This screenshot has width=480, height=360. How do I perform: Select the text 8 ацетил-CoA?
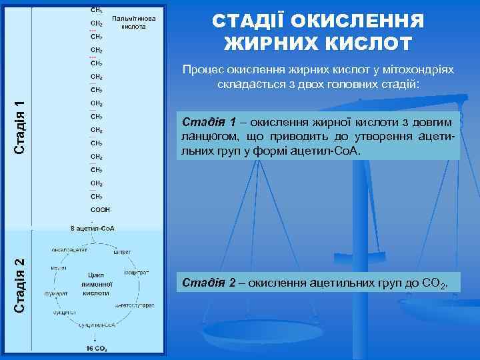pyautogui.click(x=93, y=228)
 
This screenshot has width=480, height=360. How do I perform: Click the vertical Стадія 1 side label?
pyautogui.click(x=21, y=127)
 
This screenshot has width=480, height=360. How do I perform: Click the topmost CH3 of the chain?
pyautogui.click(x=96, y=11)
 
